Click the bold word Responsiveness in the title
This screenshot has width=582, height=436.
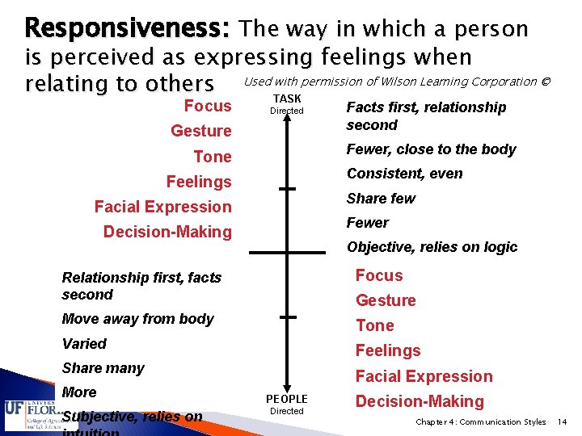[x=128, y=29]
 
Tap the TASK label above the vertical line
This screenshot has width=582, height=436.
[x=287, y=99]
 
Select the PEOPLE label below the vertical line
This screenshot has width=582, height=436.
[x=287, y=399]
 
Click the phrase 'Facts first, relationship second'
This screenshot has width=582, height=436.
[x=426, y=115]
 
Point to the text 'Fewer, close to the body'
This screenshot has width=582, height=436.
[x=431, y=149]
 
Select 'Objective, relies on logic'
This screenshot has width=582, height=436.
[x=432, y=247]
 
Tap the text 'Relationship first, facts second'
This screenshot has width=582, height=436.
[x=141, y=286]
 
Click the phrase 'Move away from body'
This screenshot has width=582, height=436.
[x=137, y=319]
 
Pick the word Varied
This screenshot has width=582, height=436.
[x=84, y=344]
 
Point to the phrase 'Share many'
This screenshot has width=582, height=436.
[x=103, y=368]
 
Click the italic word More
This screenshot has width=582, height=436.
[x=79, y=392]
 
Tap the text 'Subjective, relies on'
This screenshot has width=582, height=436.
[x=132, y=417]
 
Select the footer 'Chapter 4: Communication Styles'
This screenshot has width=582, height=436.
[x=480, y=422]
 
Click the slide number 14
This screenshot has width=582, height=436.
[x=563, y=422]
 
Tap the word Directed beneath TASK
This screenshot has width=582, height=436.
[x=287, y=111]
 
